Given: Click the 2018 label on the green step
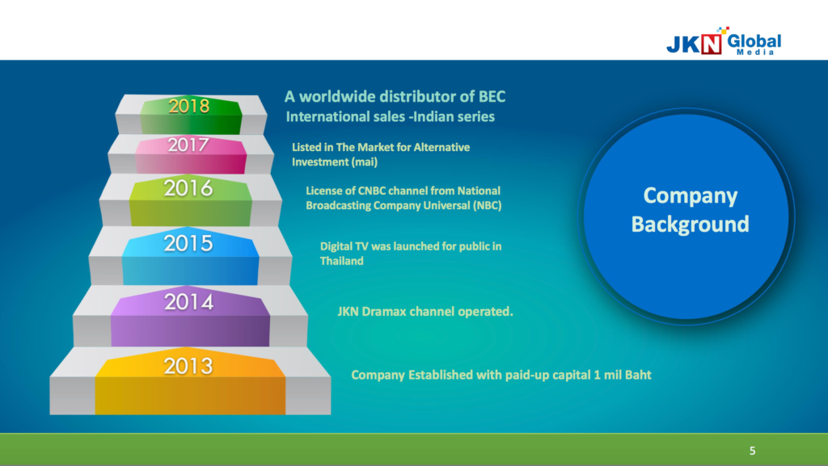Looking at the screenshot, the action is coord(189,107).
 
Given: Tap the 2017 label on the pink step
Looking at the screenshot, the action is coord(188,145).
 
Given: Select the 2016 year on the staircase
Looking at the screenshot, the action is coord(188,187).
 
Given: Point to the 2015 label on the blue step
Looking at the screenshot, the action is coord(188,243).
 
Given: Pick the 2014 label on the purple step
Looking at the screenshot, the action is coord(188,302).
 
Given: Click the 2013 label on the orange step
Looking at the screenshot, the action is coord(188,366).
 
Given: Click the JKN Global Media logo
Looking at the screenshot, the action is coord(724,41).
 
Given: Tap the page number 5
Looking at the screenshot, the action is coord(753,451).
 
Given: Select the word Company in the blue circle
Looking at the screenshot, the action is coord(691,196).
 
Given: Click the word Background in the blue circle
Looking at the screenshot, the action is coord(691,224).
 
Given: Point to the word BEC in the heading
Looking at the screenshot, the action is coord(492,96).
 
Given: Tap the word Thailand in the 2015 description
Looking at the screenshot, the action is coord(342,261).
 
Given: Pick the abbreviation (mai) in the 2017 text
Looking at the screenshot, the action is coord(365,162).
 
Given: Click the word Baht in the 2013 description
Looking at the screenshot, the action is coord(638,375).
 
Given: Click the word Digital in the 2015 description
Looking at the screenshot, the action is coord(337,246).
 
